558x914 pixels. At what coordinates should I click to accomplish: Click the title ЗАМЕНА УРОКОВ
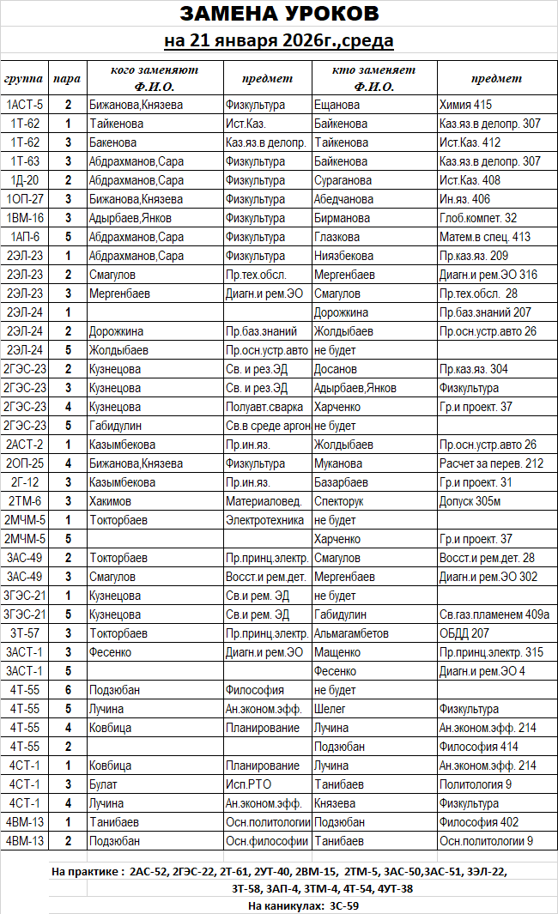click(x=279, y=15)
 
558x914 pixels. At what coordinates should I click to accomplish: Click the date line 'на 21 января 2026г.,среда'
click(x=279, y=40)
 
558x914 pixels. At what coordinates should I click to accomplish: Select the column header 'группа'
click(x=24, y=78)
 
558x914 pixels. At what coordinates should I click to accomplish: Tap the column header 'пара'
click(x=67, y=78)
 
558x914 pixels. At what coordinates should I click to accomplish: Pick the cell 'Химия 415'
click(x=465, y=105)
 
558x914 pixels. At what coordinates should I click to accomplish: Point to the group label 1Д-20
click(x=24, y=180)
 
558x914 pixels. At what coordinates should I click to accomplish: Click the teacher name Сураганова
click(x=343, y=180)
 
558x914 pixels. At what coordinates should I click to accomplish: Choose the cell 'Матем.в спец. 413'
click(x=484, y=237)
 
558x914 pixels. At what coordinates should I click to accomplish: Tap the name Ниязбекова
click(x=343, y=256)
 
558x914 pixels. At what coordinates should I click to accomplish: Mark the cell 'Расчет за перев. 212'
click(x=491, y=463)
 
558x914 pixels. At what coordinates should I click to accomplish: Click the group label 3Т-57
click(x=24, y=633)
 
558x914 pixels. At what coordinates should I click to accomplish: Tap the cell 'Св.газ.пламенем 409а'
click(x=494, y=614)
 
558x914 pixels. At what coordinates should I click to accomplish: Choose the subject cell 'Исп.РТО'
click(x=249, y=784)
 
